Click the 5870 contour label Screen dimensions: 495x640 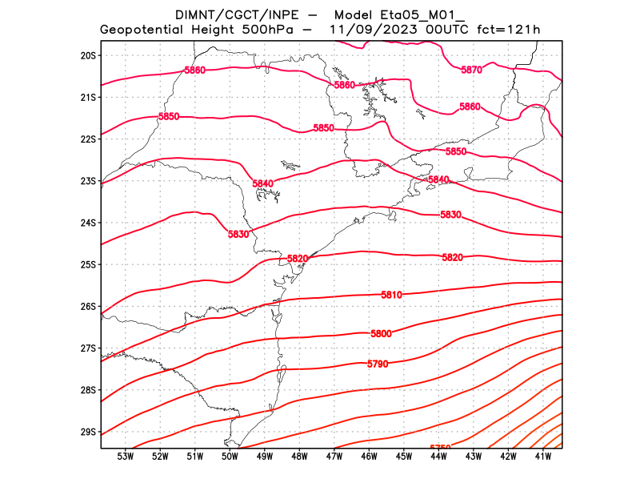(x=472, y=70)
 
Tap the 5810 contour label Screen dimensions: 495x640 (x=391, y=295)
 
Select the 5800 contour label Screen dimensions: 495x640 (x=381, y=333)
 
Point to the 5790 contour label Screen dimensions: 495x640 (x=378, y=364)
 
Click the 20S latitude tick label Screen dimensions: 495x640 (x=88, y=55)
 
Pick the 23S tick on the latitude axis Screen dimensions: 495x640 (x=88, y=181)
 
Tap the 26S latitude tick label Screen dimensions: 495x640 (x=88, y=307)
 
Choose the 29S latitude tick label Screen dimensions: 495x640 (x=88, y=433)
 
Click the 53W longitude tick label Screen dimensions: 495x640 (x=125, y=457)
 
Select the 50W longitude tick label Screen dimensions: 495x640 (x=230, y=457)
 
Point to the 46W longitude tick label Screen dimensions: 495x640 (x=369, y=457)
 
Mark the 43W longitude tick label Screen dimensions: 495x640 (x=473, y=457)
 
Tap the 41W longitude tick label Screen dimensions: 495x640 (x=542, y=457)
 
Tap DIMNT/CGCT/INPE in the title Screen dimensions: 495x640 (x=232, y=14)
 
